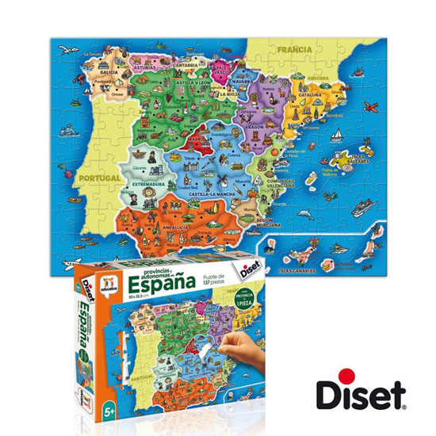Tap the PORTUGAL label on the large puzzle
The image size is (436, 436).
[99, 178]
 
